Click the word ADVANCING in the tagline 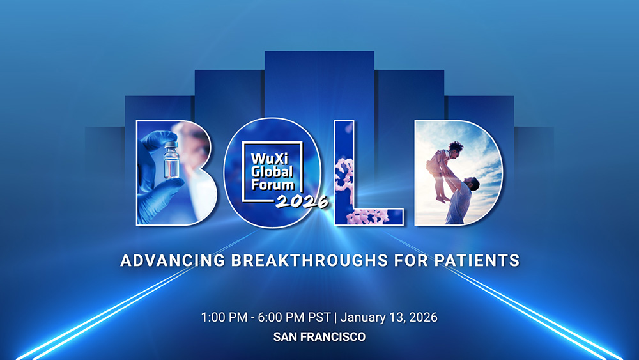coord(173,260)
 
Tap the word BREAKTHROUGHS coord(309,260)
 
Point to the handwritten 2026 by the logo coord(302,200)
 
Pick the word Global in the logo coord(272,171)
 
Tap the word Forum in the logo coord(273,185)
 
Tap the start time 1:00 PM coord(224,317)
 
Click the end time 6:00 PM coord(281,317)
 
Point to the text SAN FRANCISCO coord(319,337)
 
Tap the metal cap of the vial coord(171,145)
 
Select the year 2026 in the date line coord(422,317)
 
